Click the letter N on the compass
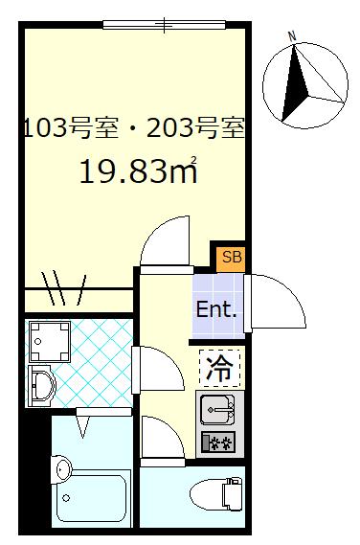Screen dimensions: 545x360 [x=293, y=37]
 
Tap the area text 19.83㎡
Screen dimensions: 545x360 [x=138, y=172]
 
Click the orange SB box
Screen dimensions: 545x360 [x=231, y=257]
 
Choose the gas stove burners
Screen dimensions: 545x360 [x=218, y=443]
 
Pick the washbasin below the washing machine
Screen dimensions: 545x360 [x=42, y=385]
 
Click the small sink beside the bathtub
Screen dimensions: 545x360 [x=61, y=469]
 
